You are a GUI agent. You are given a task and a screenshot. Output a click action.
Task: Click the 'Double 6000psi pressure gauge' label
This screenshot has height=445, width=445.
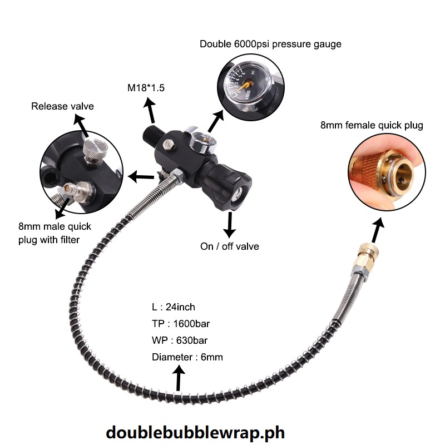pos(270,44)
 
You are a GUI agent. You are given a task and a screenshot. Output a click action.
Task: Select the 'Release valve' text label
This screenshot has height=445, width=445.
pos(62,106)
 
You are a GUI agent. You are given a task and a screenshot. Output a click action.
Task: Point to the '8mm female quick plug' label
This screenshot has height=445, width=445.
pos(372,125)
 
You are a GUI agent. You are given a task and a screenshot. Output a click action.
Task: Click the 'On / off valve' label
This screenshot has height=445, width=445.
pos(230,246)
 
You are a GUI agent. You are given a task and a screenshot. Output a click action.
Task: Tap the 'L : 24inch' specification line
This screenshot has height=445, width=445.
pos(174,307)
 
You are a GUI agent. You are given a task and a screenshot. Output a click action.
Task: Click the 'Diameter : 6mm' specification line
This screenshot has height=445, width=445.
pos(187,357)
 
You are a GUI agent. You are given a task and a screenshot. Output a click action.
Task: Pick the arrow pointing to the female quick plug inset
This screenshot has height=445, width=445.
pos(379,229)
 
